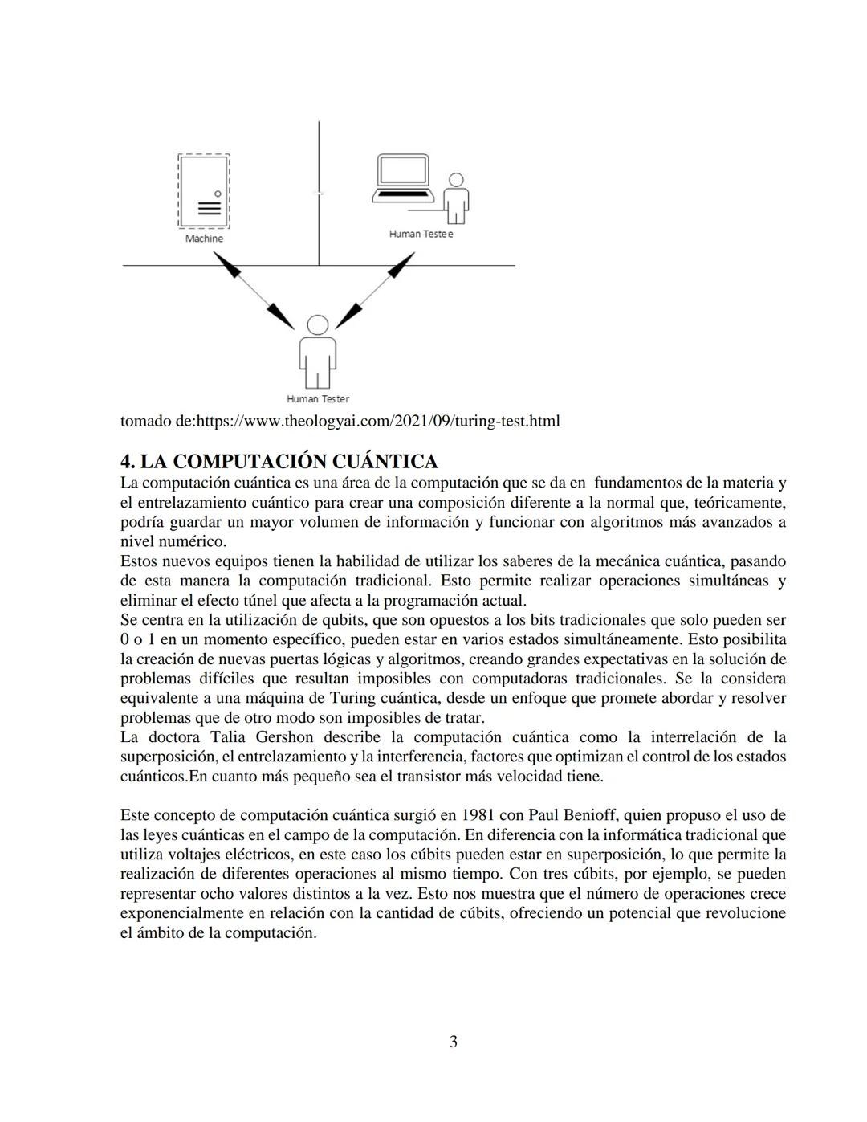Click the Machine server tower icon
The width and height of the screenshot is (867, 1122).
(204, 192)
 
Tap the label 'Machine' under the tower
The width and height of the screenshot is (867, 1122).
(204, 239)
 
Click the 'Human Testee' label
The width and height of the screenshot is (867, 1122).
(421, 234)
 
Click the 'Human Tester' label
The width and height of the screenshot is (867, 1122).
(318, 398)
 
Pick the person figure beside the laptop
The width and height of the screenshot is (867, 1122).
(456, 198)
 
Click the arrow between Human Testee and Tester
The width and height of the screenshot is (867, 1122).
(375, 290)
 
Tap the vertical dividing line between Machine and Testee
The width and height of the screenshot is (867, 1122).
(319, 193)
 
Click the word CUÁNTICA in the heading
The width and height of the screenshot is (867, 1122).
(385, 462)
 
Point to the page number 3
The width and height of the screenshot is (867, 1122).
(453, 1042)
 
